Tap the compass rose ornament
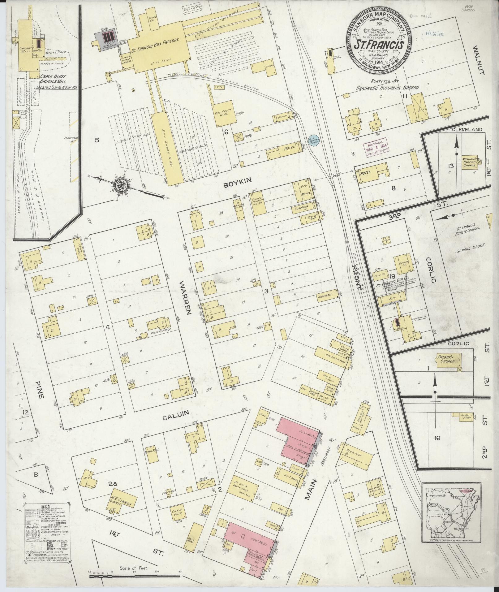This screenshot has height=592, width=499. pos(119,186)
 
